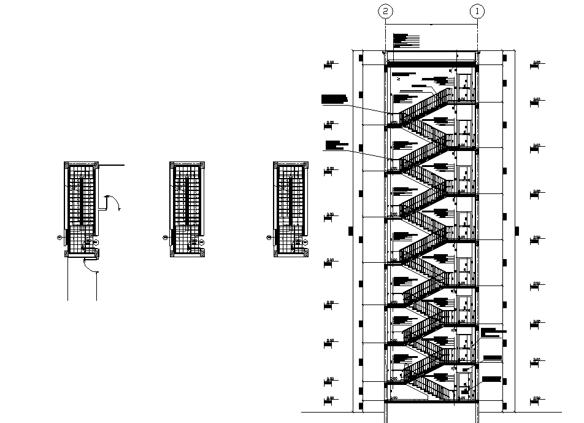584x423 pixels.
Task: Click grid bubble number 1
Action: click(477, 11)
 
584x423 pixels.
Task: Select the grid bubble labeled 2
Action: click(385, 11)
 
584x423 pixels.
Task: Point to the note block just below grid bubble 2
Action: click(406, 40)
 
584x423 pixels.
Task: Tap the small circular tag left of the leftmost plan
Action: click(60, 236)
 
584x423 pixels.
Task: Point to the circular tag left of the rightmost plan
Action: click(268, 236)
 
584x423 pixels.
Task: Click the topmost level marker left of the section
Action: click(331, 63)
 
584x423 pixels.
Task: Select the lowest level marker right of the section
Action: click(536, 400)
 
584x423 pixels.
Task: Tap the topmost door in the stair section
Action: click(464, 85)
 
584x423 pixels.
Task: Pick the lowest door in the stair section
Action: click(464, 384)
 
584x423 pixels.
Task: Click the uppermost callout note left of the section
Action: click(334, 98)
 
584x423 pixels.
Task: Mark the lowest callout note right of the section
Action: click(492, 379)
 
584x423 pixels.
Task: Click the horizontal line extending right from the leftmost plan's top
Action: click(112, 166)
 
